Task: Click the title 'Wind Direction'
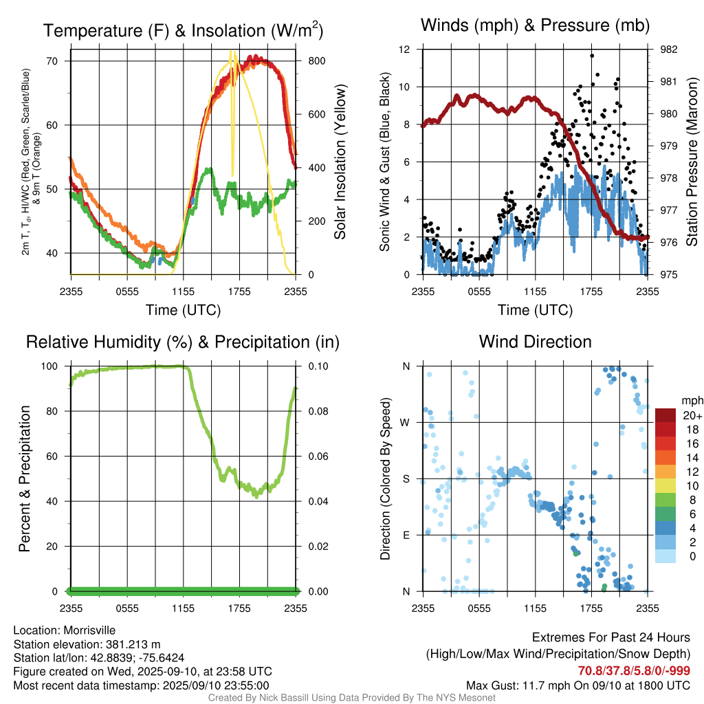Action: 535,342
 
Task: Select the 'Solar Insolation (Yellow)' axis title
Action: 340,162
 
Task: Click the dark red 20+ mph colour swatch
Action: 665,415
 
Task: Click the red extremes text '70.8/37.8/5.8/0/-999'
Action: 634,671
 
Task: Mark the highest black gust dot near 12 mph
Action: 593,56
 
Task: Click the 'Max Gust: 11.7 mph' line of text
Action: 577,685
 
